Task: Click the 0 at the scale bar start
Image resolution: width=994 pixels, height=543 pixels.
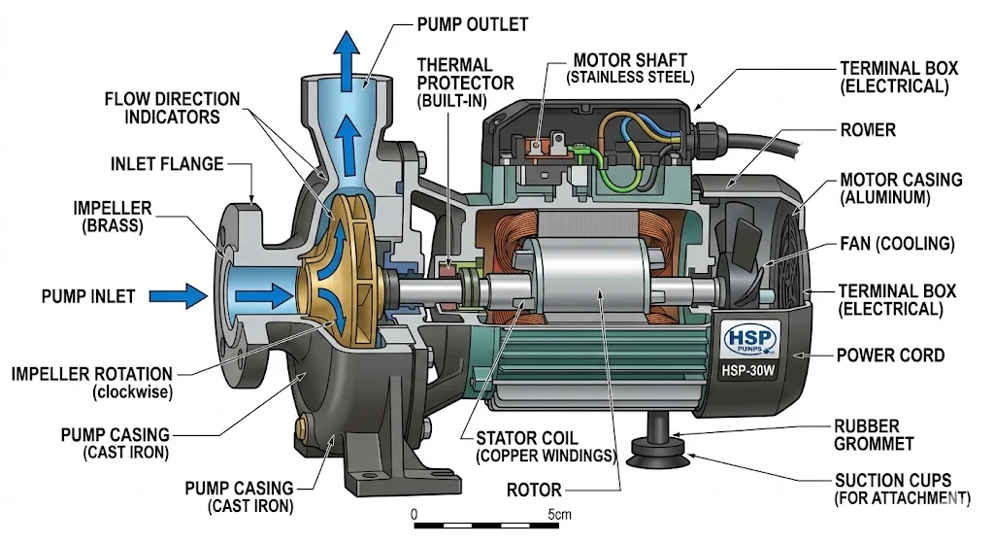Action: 414,513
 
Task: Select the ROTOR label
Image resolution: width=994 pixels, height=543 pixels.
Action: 534,490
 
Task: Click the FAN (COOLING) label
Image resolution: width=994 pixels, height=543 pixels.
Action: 896,243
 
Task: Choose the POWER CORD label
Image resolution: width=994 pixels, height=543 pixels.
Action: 889,355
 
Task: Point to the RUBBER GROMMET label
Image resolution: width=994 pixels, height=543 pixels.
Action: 875,435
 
